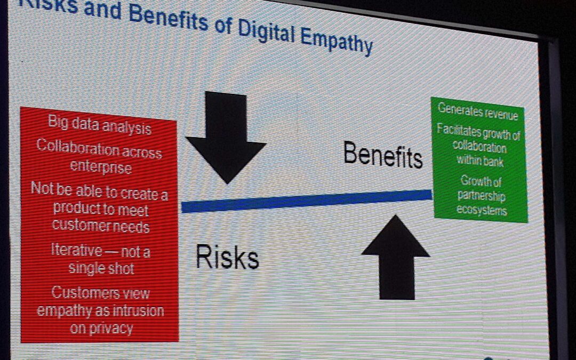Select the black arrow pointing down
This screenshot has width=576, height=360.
coord(226,138)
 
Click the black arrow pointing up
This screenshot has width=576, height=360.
coord(396,258)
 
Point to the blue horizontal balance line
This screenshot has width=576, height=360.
coord(307,201)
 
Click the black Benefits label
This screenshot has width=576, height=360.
coord(383,155)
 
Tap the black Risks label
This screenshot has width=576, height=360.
coord(227,257)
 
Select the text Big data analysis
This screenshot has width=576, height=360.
coord(100,125)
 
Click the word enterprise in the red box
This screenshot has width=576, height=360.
coord(101,167)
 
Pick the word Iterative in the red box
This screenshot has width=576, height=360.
coord(76,250)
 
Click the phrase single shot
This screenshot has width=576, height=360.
coord(101,268)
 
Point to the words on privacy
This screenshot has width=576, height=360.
coord(101,328)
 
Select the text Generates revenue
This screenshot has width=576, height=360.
coord(478,111)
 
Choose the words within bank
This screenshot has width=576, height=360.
coord(480,160)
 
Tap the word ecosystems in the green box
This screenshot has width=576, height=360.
coord(482,210)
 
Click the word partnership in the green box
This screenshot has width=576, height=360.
coord(482,196)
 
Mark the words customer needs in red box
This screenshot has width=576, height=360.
coord(101,225)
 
